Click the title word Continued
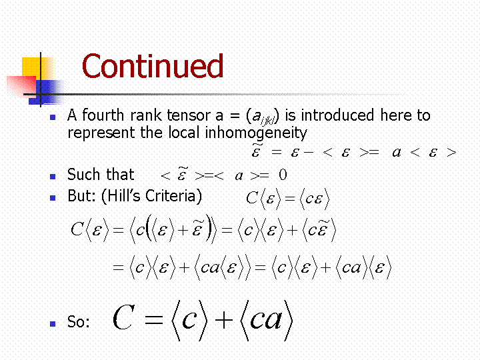click(x=153, y=66)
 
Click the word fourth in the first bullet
click(x=103, y=115)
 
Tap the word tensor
click(x=188, y=116)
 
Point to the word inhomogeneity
click(x=255, y=133)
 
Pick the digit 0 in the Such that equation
click(x=283, y=175)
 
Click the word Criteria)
click(x=173, y=196)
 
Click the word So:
click(x=79, y=322)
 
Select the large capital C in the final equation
click(x=124, y=317)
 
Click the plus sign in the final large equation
click(x=224, y=320)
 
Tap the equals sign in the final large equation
click(x=154, y=320)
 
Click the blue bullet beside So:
click(x=53, y=323)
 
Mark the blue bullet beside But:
click(x=53, y=198)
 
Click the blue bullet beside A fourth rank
click(x=53, y=117)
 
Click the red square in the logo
click(x=21, y=87)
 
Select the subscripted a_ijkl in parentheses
click(x=263, y=116)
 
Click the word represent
click(x=101, y=133)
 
